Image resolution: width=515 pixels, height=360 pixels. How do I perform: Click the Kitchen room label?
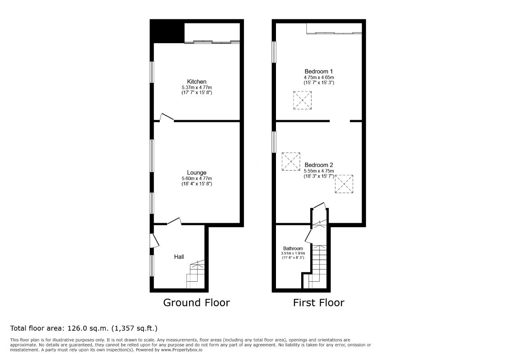tap(197, 81)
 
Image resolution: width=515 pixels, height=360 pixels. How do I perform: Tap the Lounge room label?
tap(197, 172)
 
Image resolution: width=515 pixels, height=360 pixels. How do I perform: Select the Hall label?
tap(179, 256)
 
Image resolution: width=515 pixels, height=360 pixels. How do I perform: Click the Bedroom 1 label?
tap(319, 71)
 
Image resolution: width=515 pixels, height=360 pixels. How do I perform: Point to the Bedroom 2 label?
tap(319, 165)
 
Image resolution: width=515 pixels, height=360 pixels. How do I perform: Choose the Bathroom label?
tap(293, 248)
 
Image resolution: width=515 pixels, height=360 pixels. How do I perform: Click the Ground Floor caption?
tap(196, 302)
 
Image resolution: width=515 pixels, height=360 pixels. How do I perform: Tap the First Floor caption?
tap(319, 302)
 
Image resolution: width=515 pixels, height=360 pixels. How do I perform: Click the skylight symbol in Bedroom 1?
tap(302, 100)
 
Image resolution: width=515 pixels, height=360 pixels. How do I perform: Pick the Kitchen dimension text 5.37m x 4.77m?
tap(197, 88)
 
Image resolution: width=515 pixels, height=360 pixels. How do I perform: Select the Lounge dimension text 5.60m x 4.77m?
tap(197, 179)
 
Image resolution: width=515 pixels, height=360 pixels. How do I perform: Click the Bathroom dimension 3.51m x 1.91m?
tap(293, 253)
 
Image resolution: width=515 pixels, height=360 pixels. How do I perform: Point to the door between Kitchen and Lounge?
tap(167, 117)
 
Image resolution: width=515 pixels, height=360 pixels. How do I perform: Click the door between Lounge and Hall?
tap(174, 221)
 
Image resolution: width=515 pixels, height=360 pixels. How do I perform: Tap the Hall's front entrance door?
tap(154, 240)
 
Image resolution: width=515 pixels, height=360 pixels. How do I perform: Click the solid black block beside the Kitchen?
tap(167, 31)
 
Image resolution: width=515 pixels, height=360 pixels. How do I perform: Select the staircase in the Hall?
tap(195, 274)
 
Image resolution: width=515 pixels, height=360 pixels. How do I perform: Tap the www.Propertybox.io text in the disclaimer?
tap(181, 350)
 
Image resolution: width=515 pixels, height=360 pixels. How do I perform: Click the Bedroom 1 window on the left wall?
tap(274, 51)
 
